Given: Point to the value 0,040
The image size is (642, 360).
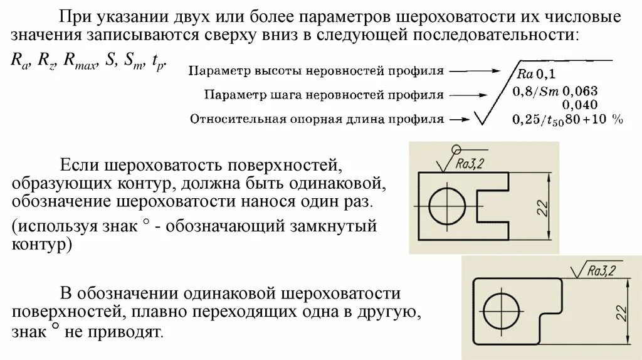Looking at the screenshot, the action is tap(579, 104).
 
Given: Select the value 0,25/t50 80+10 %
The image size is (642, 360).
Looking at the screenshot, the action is tap(567, 119).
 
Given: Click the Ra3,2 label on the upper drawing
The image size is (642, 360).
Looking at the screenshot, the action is tap(471, 164).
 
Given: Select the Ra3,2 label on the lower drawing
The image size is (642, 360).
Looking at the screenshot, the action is tap(602, 270).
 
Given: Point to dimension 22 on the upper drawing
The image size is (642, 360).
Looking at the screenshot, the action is tap(543, 207).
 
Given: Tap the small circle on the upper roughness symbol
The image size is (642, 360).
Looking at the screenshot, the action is tap(456, 149).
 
